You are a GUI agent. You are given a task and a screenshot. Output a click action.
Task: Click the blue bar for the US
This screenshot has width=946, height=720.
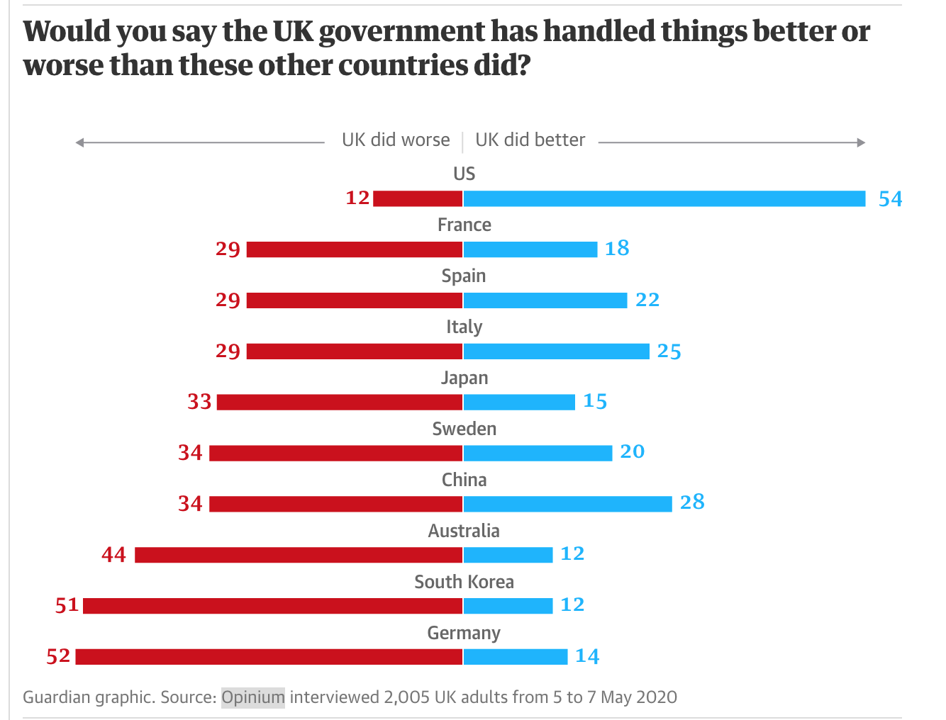(x=664, y=198)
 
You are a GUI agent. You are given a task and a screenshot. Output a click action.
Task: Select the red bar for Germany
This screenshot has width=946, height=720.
(x=269, y=657)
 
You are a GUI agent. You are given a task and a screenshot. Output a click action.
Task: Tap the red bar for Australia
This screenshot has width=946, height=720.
(x=299, y=555)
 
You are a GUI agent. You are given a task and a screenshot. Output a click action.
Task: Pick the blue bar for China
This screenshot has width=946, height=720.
(x=567, y=504)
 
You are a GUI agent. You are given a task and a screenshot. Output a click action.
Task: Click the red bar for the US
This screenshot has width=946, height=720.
(x=418, y=198)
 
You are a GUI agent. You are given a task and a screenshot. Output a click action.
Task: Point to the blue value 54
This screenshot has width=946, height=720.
(x=890, y=199)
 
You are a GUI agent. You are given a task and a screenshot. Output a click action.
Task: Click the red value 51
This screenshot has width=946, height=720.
(x=67, y=606)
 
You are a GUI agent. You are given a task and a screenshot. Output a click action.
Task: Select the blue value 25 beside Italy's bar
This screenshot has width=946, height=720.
(x=669, y=351)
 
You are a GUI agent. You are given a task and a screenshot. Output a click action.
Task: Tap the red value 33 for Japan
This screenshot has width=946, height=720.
(x=199, y=402)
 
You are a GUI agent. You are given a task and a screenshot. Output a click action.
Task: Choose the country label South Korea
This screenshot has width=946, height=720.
(x=464, y=582)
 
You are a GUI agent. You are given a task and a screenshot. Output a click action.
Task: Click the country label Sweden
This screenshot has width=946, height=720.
(x=464, y=429)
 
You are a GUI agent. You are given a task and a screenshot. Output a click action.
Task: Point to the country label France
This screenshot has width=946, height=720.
(x=464, y=225)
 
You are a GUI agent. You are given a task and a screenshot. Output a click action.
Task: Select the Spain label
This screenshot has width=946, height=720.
(x=464, y=276)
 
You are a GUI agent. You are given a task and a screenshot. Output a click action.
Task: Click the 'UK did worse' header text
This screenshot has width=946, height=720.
(x=396, y=140)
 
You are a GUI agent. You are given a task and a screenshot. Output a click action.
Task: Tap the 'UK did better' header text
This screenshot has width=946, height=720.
(x=530, y=140)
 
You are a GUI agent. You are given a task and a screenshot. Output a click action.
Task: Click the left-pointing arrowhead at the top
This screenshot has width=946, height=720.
(x=80, y=142)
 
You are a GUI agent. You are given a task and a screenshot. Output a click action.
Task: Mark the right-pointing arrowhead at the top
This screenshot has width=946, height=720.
(x=861, y=142)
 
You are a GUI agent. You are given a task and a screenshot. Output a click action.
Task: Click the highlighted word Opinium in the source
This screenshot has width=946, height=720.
(x=253, y=697)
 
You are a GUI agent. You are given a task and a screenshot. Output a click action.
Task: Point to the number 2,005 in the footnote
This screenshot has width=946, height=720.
(x=406, y=697)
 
